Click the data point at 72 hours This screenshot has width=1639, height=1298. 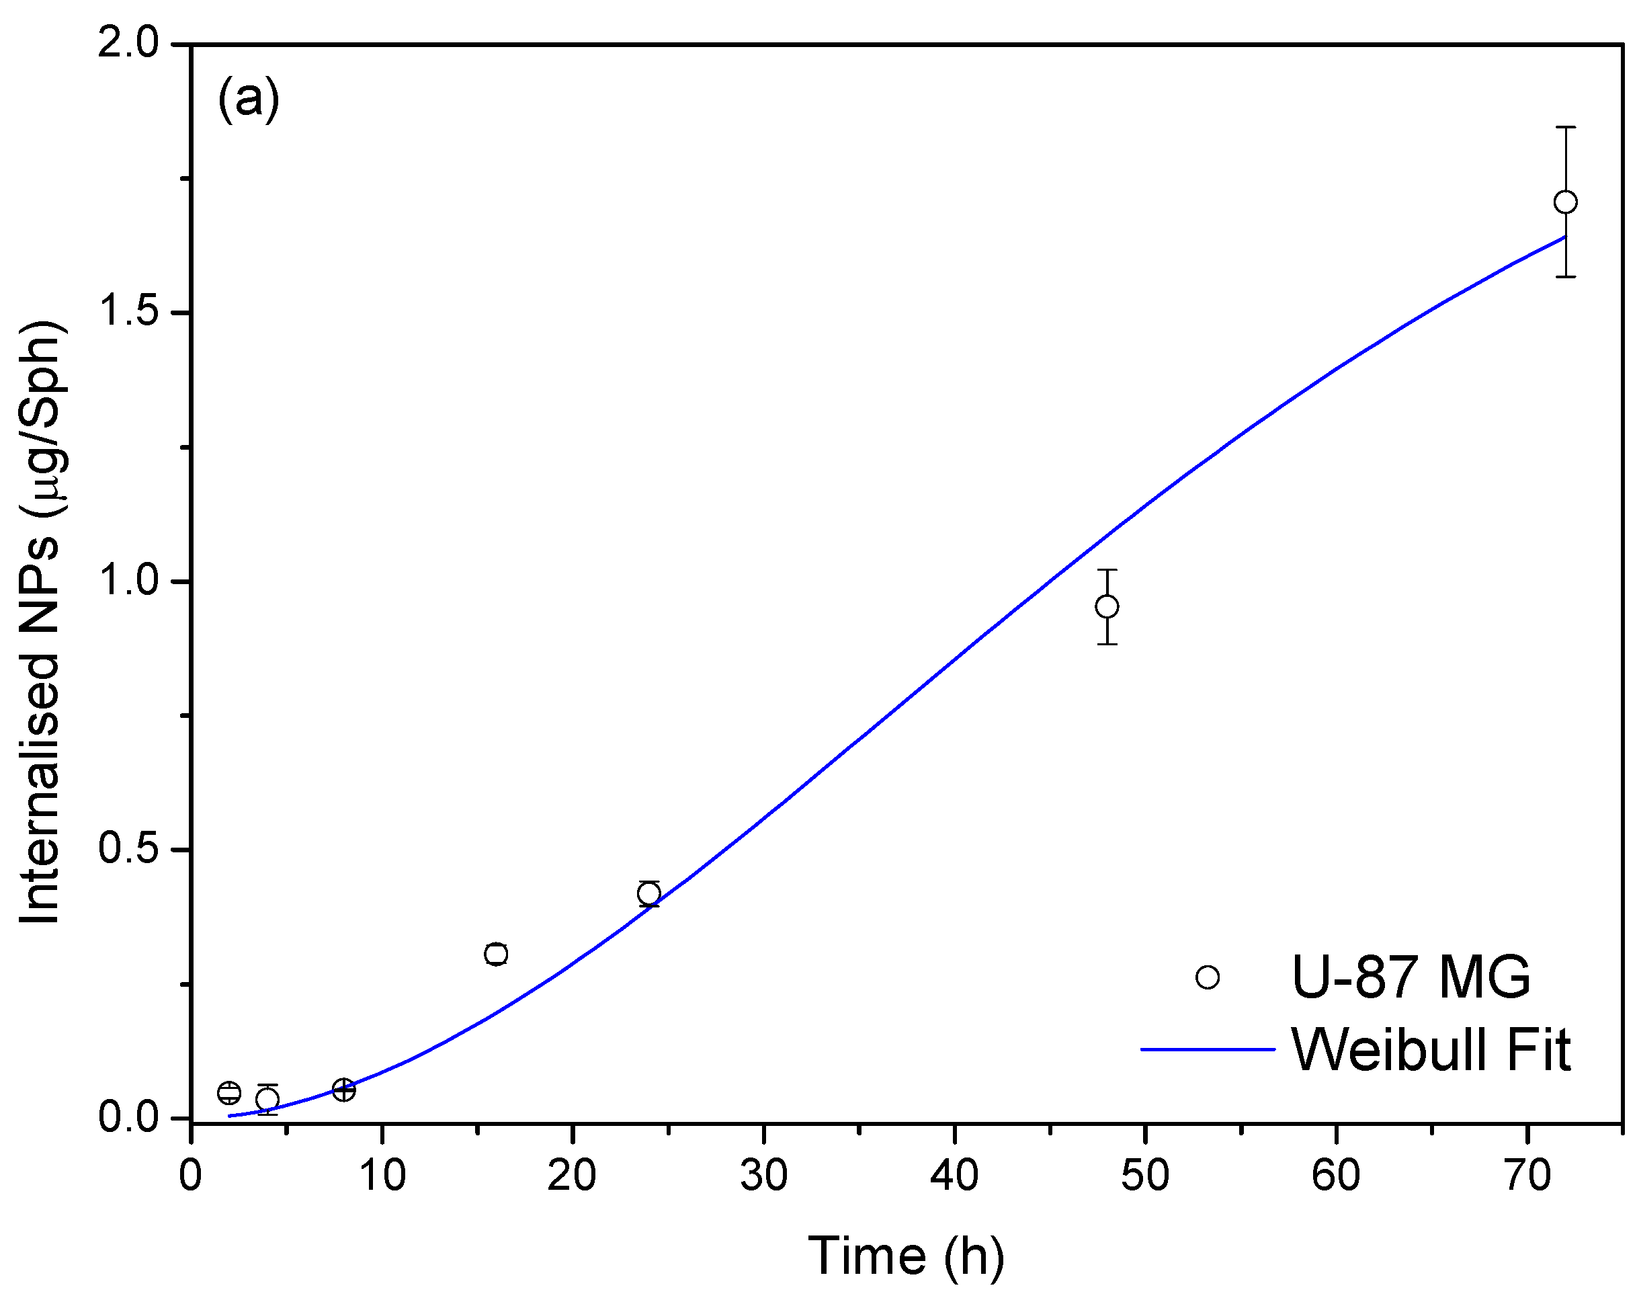tap(1565, 202)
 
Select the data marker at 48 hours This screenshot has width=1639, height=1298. tap(1107, 606)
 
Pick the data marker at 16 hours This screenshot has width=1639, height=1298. tap(496, 955)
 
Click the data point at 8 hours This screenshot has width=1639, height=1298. tap(343, 1090)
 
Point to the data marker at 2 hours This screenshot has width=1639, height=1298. tap(228, 1093)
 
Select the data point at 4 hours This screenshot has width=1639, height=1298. tap(267, 1100)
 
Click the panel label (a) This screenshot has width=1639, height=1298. tap(249, 99)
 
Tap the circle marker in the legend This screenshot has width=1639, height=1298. tap(1208, 977)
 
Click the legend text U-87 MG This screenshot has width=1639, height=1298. tap(1411, 977)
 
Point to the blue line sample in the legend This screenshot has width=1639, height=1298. tap(1208, 1050)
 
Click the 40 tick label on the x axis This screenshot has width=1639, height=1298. tap(954, 1176)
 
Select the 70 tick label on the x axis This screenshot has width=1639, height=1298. tap(1527, 1176)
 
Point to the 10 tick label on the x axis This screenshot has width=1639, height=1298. tap(382, 1176)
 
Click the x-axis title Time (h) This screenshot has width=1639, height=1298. tap(906, 1256)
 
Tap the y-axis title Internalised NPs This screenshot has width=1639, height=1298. tap(42, 623)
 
